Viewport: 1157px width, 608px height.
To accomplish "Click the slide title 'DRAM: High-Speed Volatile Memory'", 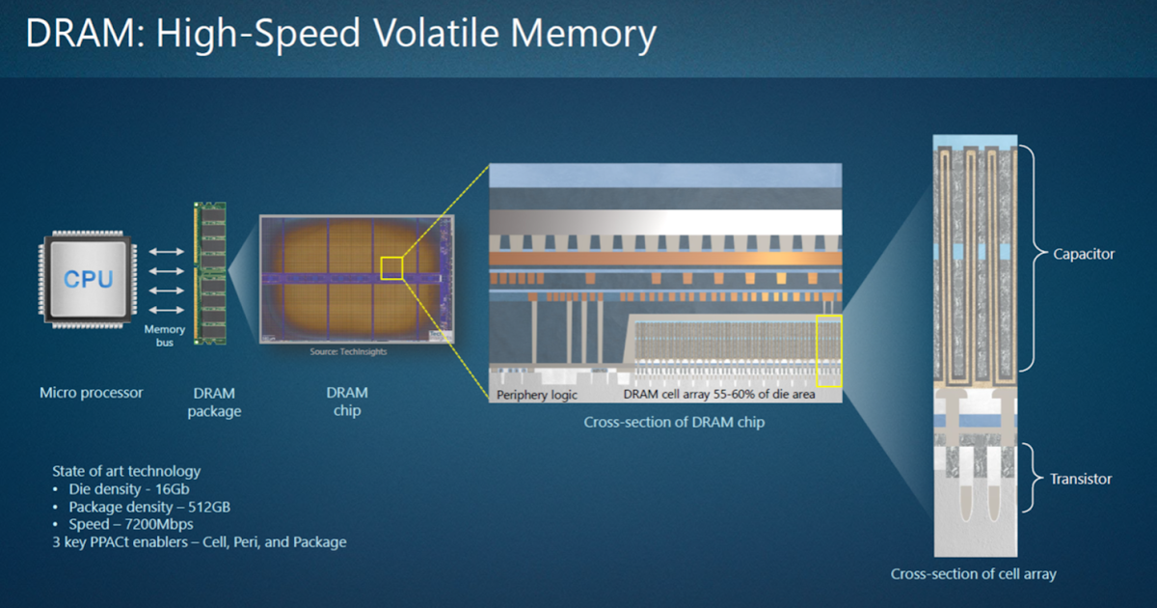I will [340, 35].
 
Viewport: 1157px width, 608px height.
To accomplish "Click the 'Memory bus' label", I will [164, 336].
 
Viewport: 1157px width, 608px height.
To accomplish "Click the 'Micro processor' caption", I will [91, 393].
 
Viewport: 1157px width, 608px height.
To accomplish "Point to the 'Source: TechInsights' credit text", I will [348, 352].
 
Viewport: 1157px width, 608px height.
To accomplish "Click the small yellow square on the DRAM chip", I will [391, 268].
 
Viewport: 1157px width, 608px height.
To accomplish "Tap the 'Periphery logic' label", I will [537, 395].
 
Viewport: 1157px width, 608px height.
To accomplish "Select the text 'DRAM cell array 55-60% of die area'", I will [719, 395].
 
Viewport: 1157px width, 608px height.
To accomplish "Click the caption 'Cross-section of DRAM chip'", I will [674, 423].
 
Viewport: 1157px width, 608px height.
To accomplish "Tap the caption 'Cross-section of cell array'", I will [973, 574].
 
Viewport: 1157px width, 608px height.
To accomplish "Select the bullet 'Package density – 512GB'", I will [148, 507].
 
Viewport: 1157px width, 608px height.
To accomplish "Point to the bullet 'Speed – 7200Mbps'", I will [130, 524].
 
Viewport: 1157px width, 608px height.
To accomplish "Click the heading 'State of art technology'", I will [126, 471].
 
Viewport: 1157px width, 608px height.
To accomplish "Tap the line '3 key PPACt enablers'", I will [199, 542].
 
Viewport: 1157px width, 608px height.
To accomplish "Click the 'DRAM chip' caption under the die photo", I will [347, 401].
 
